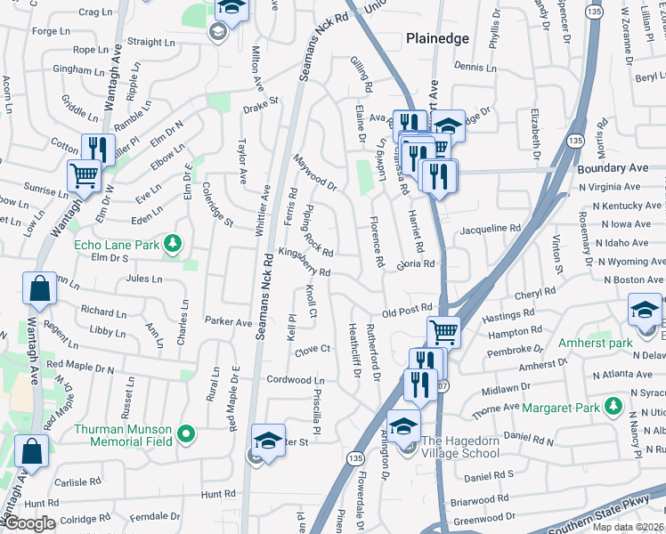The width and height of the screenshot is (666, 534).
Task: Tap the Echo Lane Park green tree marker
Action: [174, 243]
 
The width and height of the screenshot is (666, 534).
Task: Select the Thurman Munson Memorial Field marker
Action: [185, 434]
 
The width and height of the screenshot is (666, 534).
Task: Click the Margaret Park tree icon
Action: [612, 407]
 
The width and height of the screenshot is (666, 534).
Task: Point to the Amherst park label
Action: [595, 343]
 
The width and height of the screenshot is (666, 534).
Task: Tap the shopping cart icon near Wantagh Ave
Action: [84, 176]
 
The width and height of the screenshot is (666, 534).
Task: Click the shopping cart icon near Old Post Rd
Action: [443, 333]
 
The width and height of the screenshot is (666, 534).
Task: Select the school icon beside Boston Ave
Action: [646, 311]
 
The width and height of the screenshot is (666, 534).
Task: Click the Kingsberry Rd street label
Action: [305, 262]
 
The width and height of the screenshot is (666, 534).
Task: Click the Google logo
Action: [28, 523]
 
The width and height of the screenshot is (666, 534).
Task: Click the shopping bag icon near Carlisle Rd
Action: [32, 451]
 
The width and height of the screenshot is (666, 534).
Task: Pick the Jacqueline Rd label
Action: [490, 230]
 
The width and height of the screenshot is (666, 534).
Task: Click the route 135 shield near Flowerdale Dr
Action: [355, 457]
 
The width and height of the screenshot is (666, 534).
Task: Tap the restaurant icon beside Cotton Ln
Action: [95, 149]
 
